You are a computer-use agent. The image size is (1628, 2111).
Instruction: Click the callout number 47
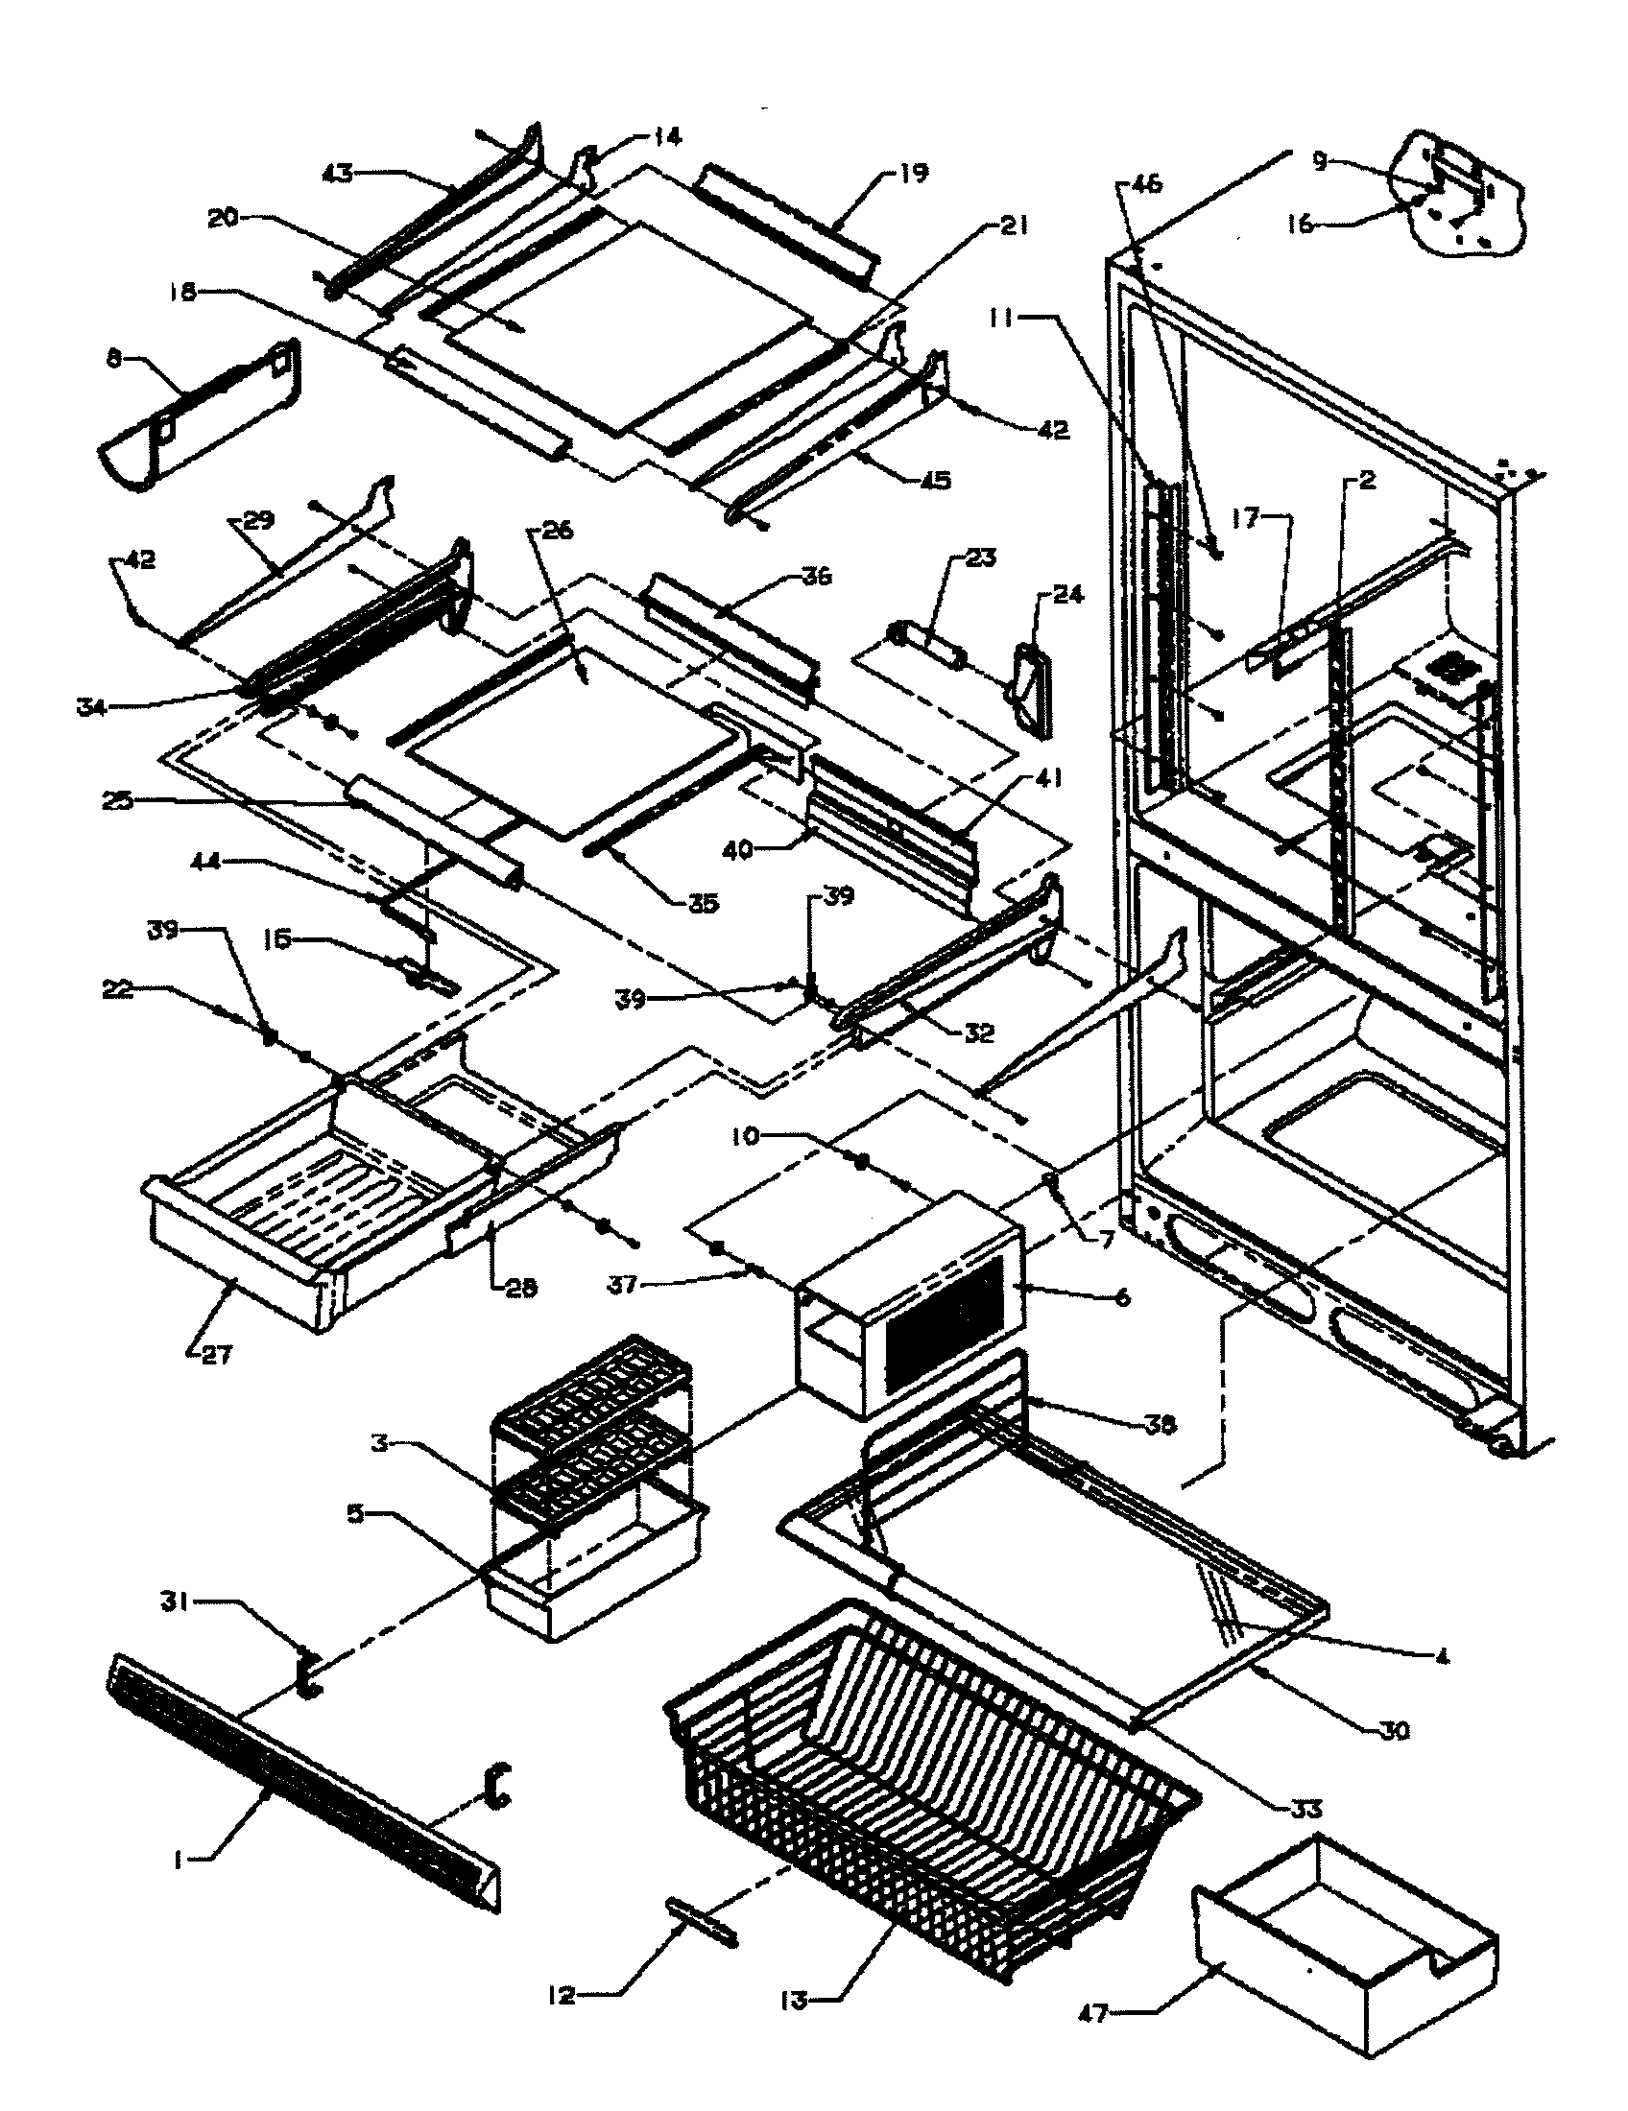click(1095, 2013)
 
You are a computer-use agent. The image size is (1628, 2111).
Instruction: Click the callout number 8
click(114, 361)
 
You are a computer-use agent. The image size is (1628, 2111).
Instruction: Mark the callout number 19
click(912, 173)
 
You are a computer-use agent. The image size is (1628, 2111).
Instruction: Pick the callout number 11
click(1004, 317)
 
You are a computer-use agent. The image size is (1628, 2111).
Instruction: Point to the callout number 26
click(559, 531)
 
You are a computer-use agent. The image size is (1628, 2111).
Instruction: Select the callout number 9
click(1321, 162)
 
